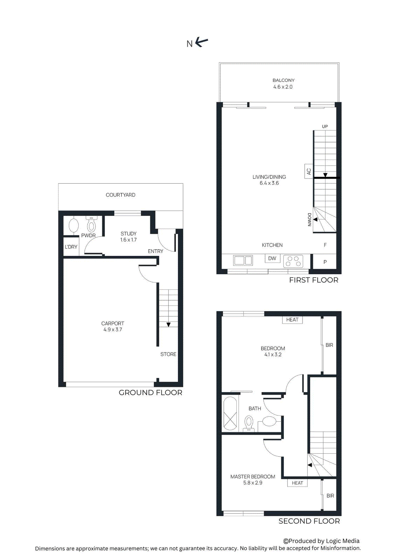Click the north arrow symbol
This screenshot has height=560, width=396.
pos(201,42)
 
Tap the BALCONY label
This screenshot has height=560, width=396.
pos(283,80)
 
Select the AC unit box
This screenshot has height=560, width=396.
pos(308,171)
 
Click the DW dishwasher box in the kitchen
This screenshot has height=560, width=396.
pos(272,258)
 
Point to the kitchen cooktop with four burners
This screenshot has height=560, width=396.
pos(293,261)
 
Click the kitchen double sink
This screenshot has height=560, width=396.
pos(243,260)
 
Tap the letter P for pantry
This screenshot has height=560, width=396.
pos(325,262)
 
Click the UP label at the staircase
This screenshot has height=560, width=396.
pos(325,126)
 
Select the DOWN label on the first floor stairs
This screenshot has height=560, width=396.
pos(309,220)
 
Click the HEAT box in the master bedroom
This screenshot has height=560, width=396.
pos(297,483)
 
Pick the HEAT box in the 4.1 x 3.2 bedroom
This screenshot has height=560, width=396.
pos(292,320)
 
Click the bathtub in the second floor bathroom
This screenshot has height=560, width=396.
pos(230,413)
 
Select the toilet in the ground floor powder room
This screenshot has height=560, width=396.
pos(91,225)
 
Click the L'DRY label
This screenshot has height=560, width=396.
pos(71,247)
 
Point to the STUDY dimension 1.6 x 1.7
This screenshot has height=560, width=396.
pos(128,240)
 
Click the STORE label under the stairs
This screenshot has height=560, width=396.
pos(168,354)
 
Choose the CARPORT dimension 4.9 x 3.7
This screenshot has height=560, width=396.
pos(112,329)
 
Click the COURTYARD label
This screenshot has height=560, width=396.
pos(120,195)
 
